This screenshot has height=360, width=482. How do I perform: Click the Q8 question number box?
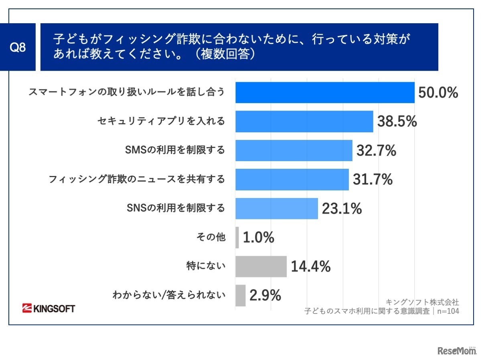[18, 47]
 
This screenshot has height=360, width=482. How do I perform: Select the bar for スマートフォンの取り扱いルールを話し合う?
[325, 93]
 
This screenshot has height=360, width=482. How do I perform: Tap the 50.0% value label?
[438, 93]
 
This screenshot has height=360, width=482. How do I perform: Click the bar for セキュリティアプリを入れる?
[304, 121]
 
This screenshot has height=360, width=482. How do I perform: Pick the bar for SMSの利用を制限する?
[294, 150]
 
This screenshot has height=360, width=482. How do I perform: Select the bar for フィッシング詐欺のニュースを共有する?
[292, 179]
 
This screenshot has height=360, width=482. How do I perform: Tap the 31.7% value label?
[373, 180]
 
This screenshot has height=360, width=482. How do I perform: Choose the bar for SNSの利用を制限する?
[276, 208]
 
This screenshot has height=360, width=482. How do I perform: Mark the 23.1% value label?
[342, 208]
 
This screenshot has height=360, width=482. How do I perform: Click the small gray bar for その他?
[237, 237]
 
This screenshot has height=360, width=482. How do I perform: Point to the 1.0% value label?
[259, 237]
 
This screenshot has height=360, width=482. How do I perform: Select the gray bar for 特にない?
[261, 267]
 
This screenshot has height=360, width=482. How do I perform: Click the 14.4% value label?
[310, 267]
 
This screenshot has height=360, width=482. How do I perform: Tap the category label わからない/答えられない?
[169, 295]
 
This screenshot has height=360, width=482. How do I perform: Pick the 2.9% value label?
[265, 295]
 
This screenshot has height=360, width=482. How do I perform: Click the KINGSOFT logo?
[49, 308]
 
